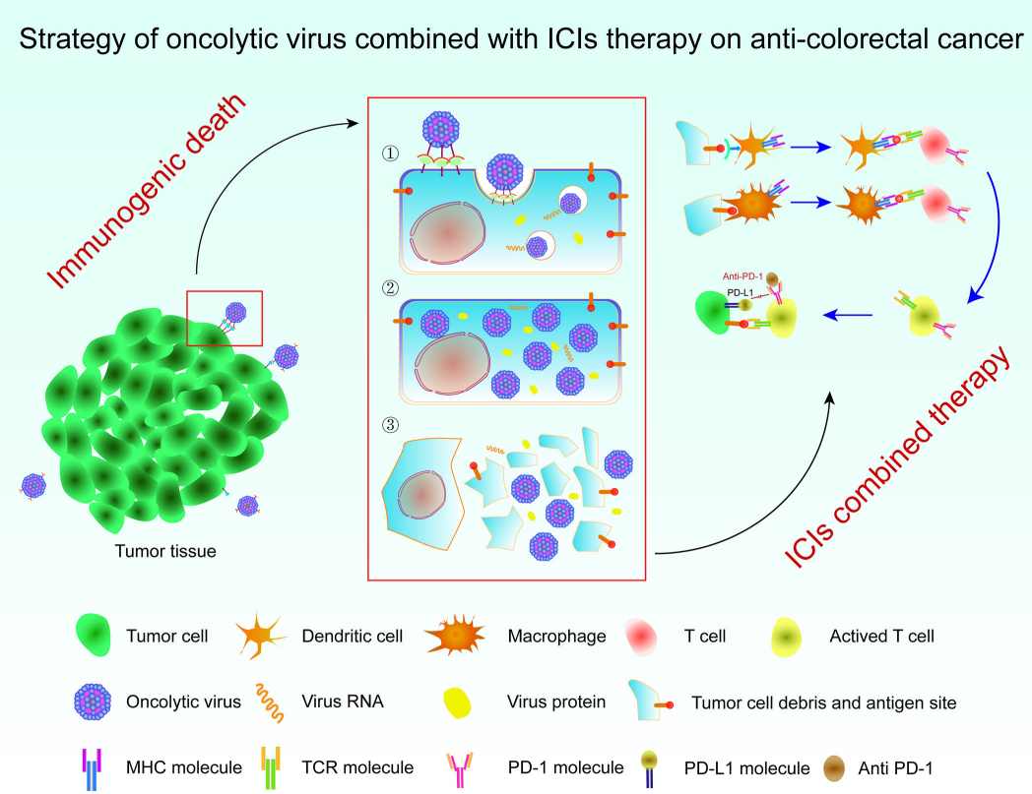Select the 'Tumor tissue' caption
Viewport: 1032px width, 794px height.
[x=165, y=551]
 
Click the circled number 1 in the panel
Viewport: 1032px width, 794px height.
[x=390, y=153]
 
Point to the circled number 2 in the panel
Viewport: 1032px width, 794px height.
[x=390, y=288]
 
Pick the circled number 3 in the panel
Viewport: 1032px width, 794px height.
[x=390, y=425]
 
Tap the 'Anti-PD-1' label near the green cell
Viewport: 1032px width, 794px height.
[x=742, y=276]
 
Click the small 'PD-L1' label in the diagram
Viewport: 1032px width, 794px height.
[x=740, y=293]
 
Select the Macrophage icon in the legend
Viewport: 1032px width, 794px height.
[x=455, y=636]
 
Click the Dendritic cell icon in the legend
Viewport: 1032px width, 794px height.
[x=261, y=637]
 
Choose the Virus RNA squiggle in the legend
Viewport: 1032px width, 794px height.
[x=271, y=702]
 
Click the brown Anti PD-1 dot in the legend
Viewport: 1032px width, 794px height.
[x=834, y=768]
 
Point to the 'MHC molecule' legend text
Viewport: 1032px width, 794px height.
[x=183, y=767]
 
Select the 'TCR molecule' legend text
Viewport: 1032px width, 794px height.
[x=357, y=767]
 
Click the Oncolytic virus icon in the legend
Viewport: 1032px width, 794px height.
[x=93, y=702]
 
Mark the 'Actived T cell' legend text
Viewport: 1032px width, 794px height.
[x=881, y=637]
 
